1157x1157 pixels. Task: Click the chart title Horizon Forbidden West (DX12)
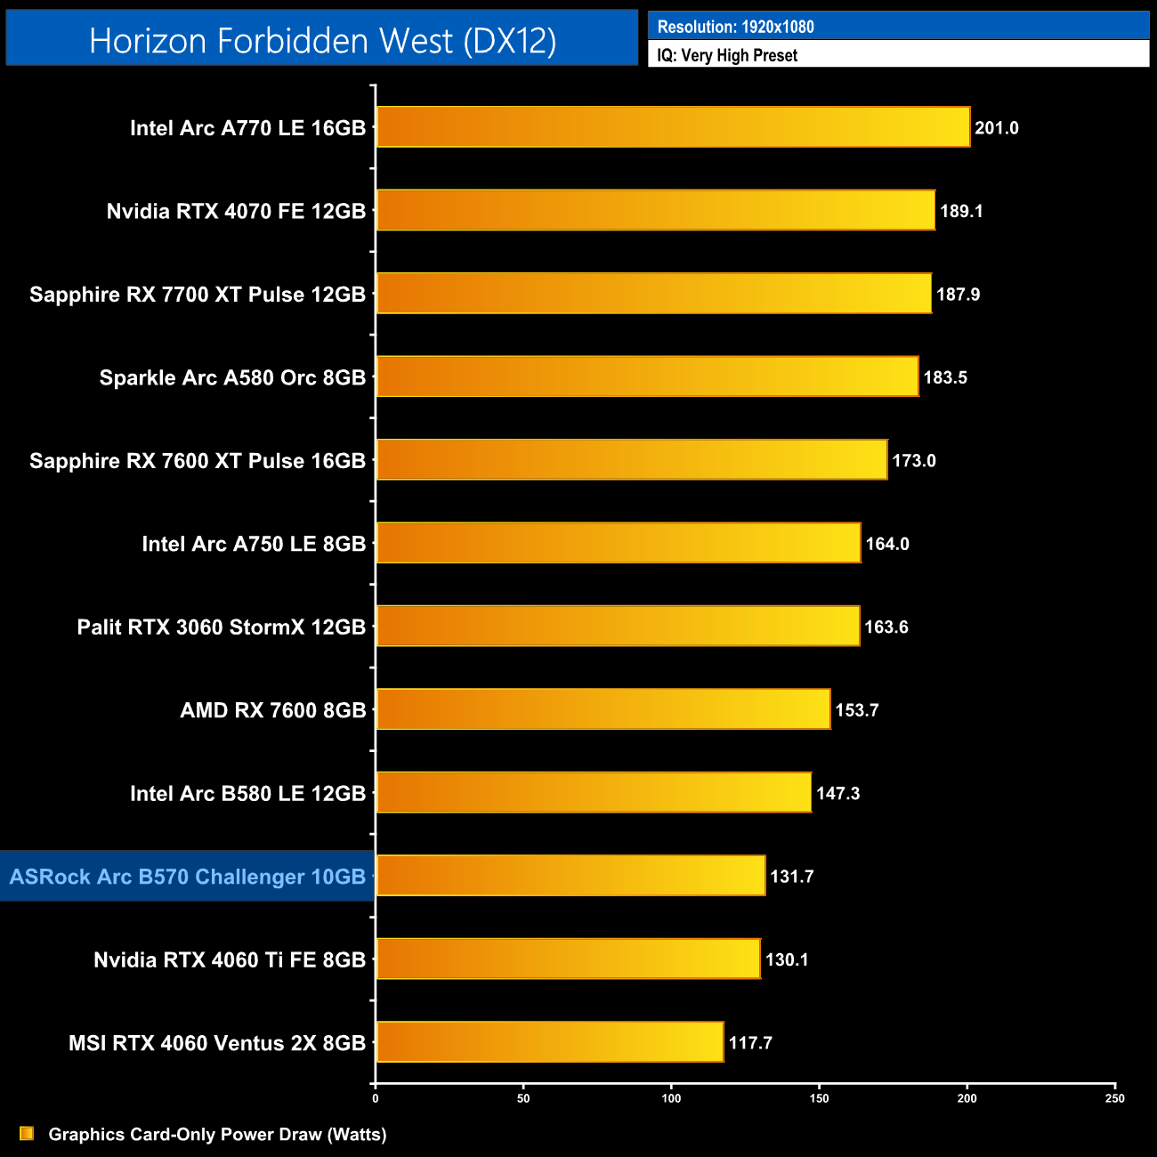(x=322, y=41)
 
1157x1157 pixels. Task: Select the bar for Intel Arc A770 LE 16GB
(x=673, y=127)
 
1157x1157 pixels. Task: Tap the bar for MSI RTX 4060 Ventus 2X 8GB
(x=550, y=1042)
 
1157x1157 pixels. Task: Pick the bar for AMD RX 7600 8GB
(x=603, y=709)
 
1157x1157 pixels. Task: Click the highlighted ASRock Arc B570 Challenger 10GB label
(x=188, y=877)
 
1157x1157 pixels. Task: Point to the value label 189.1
(x=961, y=211)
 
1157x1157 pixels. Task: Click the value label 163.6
(x=886, y=627)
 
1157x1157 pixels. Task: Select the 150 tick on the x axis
(x=819, y=1098)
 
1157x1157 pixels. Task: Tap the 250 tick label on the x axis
(x=1114, y=1098)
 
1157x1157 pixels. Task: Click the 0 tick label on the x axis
(x=376, y=1098)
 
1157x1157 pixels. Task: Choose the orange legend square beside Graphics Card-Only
(x=27, y=1133)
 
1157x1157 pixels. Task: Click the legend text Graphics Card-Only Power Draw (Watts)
(x=217, y=1134)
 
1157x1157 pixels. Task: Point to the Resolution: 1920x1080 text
(x=735, y=27)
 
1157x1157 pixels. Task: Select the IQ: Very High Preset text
(x=727, y=55)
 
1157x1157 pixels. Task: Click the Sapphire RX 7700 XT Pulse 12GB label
(x=198, y=295)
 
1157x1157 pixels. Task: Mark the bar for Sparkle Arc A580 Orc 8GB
(x=647, y=376)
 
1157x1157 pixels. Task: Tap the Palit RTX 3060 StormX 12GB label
(x=222, y=627)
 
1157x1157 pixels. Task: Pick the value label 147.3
(x=837, y=793)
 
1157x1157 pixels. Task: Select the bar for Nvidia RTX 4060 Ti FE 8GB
(x=568, y=959)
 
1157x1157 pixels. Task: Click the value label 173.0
(x=913, y=460)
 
